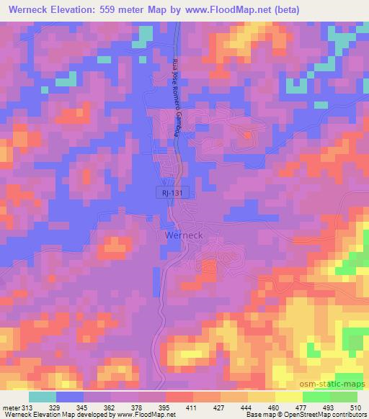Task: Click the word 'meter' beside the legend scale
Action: (9, 408)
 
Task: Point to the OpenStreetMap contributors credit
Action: (324, 415)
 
